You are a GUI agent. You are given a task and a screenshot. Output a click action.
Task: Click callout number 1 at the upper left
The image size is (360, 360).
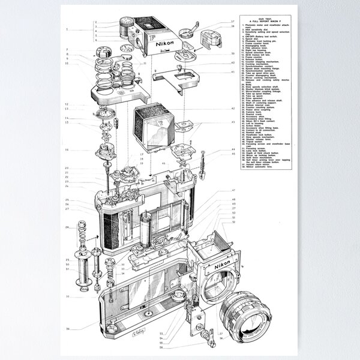click(67, 29)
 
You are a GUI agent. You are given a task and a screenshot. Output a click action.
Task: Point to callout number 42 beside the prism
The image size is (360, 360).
click(233, 109)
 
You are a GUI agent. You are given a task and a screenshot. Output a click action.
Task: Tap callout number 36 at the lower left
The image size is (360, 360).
click(68, 328)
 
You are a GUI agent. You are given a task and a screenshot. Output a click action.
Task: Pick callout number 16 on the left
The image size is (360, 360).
click(67, 149)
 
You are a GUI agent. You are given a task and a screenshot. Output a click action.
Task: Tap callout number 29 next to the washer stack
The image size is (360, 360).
click(67, 227)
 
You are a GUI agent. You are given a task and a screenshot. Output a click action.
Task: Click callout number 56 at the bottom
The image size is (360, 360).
click(163, 347)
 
